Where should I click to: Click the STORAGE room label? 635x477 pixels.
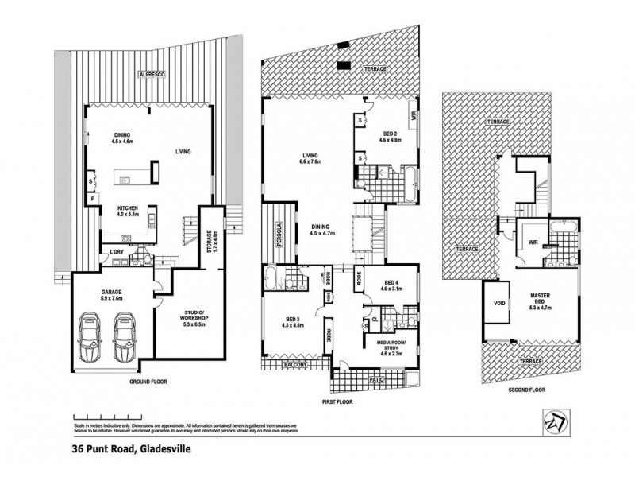(x=209, y=239)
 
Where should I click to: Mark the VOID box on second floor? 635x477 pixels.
(x=498, y=303)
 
